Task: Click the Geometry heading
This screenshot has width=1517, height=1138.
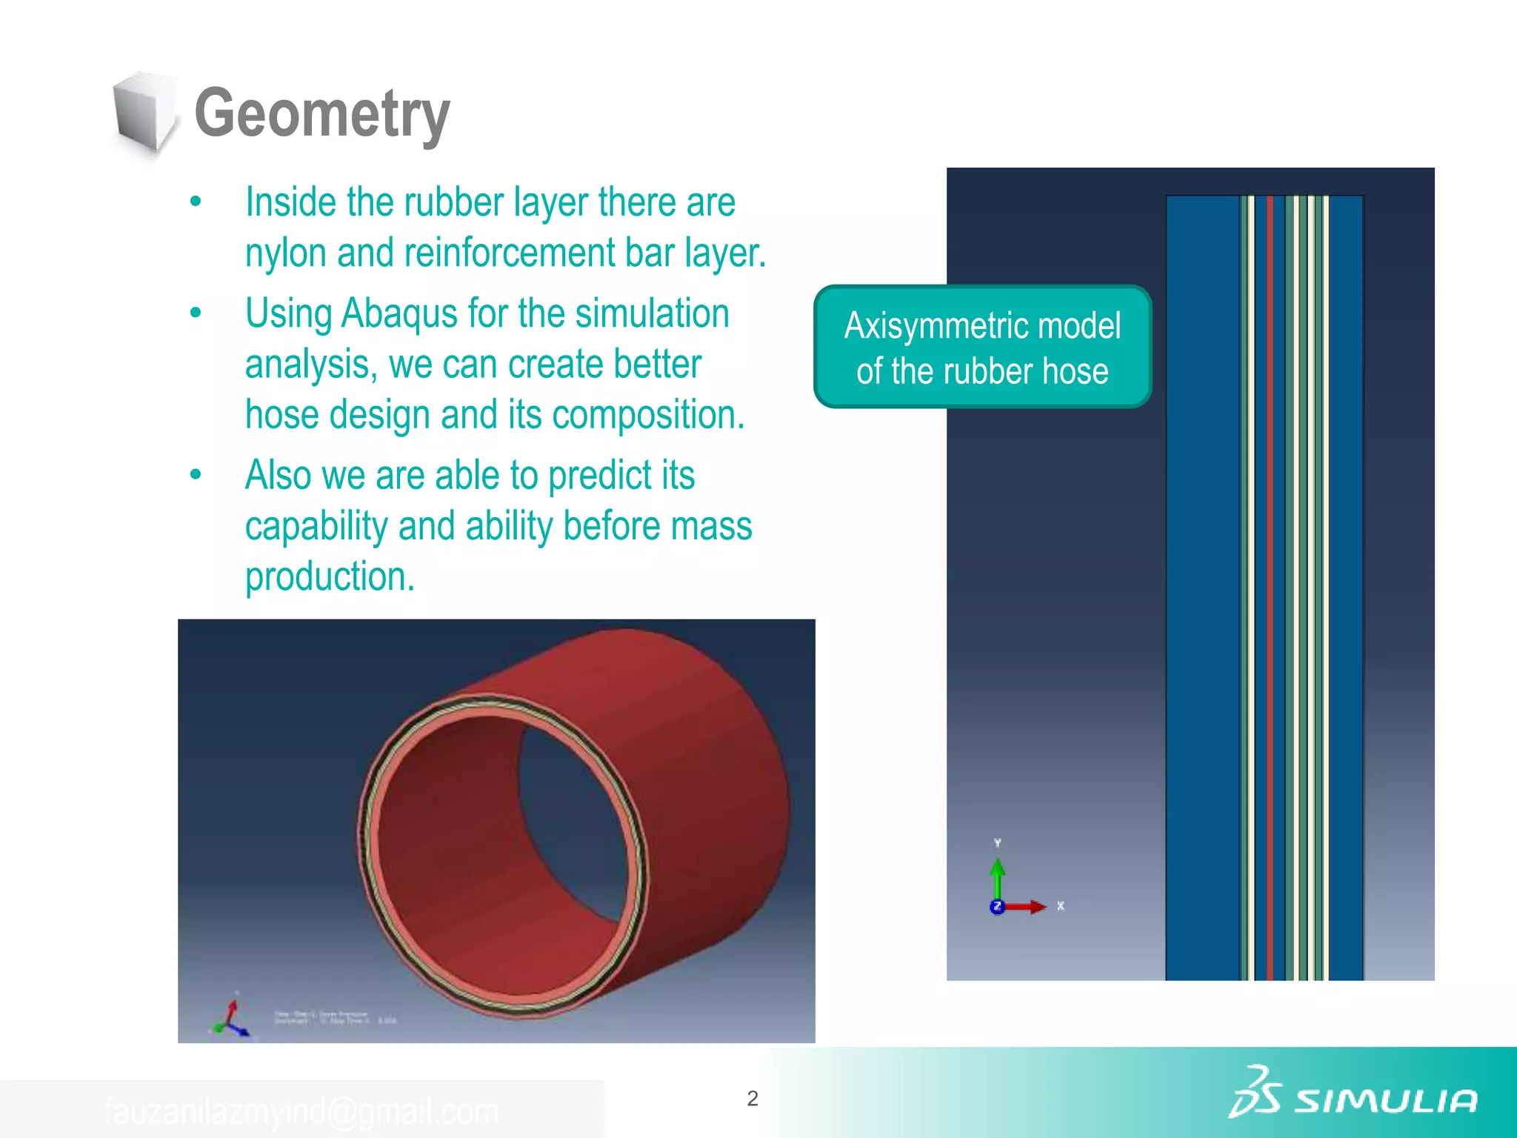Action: click(321, 113)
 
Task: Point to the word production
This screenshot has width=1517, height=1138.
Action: click(330, 576)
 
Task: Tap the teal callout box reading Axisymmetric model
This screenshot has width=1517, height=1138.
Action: click(982, 346)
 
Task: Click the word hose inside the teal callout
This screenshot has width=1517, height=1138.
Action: click(1075, 371)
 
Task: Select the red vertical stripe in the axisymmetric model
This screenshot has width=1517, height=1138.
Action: click(1270, 585)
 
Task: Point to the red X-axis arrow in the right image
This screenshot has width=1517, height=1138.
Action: click(1026, 907)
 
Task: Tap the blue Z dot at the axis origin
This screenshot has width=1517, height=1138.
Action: click(997, 907)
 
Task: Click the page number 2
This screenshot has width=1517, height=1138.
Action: click(753, 1098)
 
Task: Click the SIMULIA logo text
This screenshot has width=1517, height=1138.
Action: click(1385, 1101)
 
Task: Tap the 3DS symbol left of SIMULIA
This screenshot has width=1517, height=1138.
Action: click(1254, 1092)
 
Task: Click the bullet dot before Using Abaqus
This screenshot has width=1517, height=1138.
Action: click(196, 313)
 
